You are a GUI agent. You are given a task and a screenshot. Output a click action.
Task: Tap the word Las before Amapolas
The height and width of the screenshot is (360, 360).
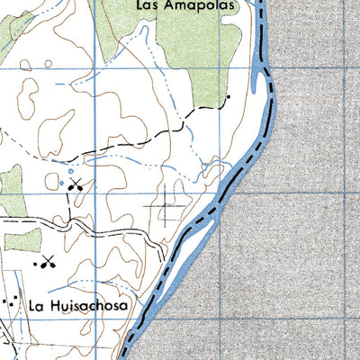tap(149, 5)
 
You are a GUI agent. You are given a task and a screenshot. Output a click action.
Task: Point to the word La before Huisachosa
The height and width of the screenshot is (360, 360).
tap(35, 305)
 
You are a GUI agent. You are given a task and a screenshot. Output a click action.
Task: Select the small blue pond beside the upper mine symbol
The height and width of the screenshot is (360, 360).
tap(62, 184)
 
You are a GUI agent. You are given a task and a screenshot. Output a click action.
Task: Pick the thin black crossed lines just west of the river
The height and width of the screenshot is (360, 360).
tap(167, 212)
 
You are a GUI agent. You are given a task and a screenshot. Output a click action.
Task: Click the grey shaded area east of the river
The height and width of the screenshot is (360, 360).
tap(306, 225)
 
